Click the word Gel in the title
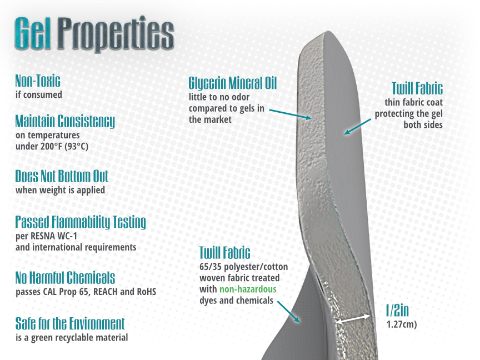tap(33, 33)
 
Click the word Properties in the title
tap(116, 34)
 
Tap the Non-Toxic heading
tap(38, 81)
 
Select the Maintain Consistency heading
tap(65, 122)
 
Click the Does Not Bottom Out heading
tap(62, 176)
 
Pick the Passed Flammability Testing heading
tap(81, 223)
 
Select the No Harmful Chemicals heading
tap(65, 278)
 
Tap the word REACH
tap(106, 292)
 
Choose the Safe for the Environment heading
tap(70, 323)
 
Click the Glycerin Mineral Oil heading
tap(233, 83)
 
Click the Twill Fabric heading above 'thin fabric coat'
tap(417, 88)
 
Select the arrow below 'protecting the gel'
tap(357, 127)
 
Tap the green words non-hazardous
tap(248, 289)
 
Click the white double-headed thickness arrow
tap(353, 319)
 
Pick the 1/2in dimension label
tap(397, 311)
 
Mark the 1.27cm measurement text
tap(402, 324)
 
